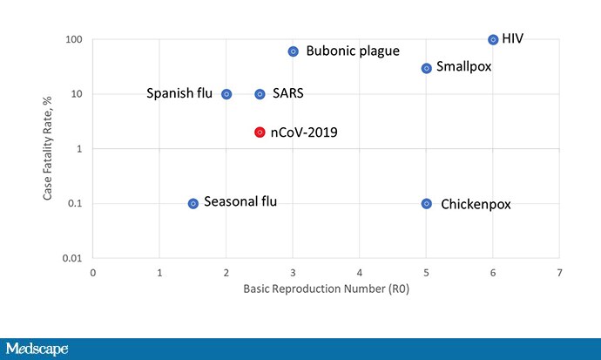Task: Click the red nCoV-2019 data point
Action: click(x=260, y=132)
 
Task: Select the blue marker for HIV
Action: click(x=493, y=39)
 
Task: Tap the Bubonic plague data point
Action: click(x=294, y=51)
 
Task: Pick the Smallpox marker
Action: click(x=427, y=68)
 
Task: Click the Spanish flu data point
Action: click(x=226, y=94)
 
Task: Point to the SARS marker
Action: click(x=260, y=94)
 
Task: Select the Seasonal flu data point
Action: click(x=193, y=203)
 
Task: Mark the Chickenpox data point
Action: click(x=427, y=203)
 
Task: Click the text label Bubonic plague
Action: click(x=353, y=51)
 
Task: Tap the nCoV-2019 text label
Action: click(x=304, y=132)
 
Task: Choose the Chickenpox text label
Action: click(x=476, y=205)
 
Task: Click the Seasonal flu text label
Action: click(x=240, y=202)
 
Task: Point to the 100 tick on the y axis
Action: click(x=73, y=40)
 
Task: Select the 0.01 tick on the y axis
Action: click(x=71, y=258)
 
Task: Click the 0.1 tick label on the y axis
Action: click(x=74, y=203)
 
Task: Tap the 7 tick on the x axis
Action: click(x=559, y=272)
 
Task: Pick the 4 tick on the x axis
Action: click(x=360, y=272)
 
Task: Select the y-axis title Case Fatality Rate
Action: click(x=50, y=149)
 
